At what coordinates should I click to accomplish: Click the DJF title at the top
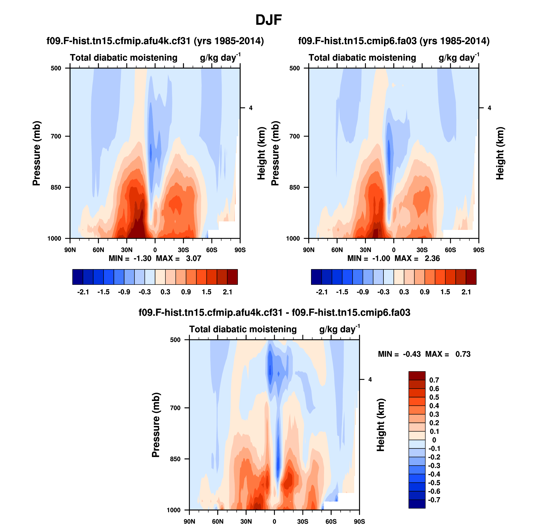coord(269,20)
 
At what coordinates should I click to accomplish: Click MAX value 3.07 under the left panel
coord(193,258)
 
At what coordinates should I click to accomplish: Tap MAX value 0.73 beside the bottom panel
coord(463,354)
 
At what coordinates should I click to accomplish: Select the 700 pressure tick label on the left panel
coord(56,136)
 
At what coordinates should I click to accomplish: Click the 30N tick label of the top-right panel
coord(365,250)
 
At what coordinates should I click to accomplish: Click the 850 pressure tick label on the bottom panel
coord(175,459)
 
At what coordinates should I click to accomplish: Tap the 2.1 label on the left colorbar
coord(227,292)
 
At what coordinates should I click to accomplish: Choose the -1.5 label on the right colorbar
coord(342,292)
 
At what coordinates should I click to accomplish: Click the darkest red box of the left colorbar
coord(232,277)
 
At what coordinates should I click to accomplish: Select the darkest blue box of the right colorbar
coord(316,277)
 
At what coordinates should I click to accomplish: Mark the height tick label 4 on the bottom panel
coord(370,380)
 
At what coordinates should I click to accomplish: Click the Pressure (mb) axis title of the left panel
coord(36,153)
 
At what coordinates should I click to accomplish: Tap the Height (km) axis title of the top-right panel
coord(500,153)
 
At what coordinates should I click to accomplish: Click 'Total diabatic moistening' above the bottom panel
coord(243,329)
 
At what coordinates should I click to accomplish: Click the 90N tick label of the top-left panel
coord(70,250)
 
